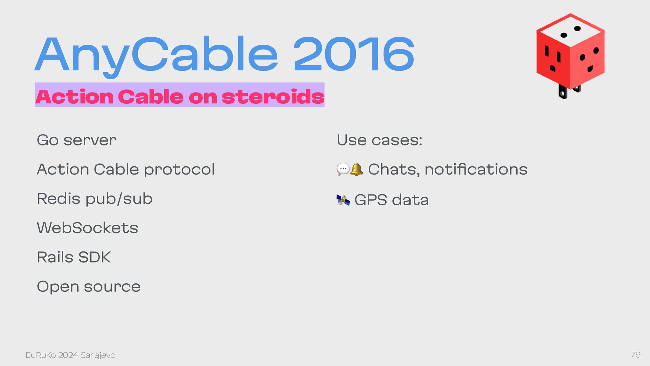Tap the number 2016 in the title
coord(354,54)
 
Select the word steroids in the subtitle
coord(273,97)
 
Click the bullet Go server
coord(77,140)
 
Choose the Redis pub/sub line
coord(95,199)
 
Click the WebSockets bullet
coord(88,228)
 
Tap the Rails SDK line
coord(74,257)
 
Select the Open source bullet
coord(89,287)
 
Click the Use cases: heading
coord(380,140)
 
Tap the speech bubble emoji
coord(343,169)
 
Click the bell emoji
coord(356,169)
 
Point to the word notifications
coord(476,169)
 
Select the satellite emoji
coord(343,200)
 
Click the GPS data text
coord(392,200)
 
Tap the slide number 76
coord(636,355)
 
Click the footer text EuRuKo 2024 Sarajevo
coord(70,355)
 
